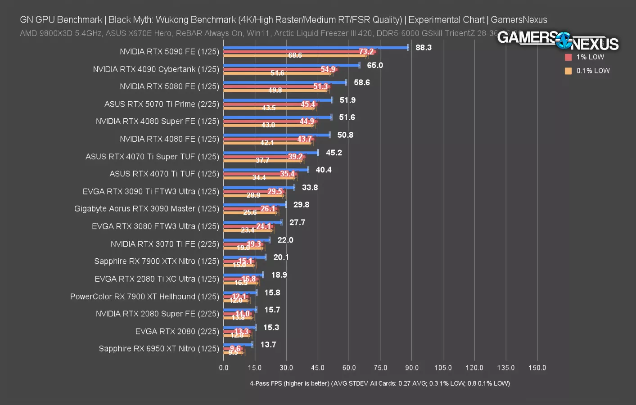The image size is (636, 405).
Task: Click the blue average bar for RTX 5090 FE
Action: pyautogui.click(x=315, y=47)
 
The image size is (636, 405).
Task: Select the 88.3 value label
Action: pyautogui.click(x=423, y=48)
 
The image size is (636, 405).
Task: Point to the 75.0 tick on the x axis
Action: pyautogui.click(x=380, y=368)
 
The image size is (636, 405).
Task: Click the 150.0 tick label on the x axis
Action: pyautogui.click(x=537, y=368)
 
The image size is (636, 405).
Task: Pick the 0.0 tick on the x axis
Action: pyautogui.click(x=224, y=368)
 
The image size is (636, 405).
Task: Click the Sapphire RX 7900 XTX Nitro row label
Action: pyautogui.click(x=156, y=261)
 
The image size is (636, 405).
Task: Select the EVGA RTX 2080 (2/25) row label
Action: pyautogui.click(x=177, y=332)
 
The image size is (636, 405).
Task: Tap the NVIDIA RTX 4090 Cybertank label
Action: pyautogui.click(x=156, y=69)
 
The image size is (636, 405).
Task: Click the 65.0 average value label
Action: pyautogui.click(x=374, y=65)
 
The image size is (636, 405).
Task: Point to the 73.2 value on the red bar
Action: pyautogui.click(x=366, y=52)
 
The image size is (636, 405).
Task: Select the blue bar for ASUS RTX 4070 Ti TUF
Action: pyautogui.click(x=266, y=170)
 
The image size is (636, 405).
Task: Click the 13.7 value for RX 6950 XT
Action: pyautogui.click(x=268, y=345)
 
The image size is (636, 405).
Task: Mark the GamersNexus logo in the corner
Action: pyautogui.click(x=558, y=41)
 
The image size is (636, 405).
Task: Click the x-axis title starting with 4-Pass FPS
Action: pyautogui.click(x=380, y=383)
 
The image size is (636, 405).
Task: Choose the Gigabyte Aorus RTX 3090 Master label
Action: pyautogui.click(x=146, y=209)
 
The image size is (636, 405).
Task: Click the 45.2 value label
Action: pyautogui.click(x=334, y=153)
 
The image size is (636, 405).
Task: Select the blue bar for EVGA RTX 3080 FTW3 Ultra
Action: pyautogui.click(x=252, y=222)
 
